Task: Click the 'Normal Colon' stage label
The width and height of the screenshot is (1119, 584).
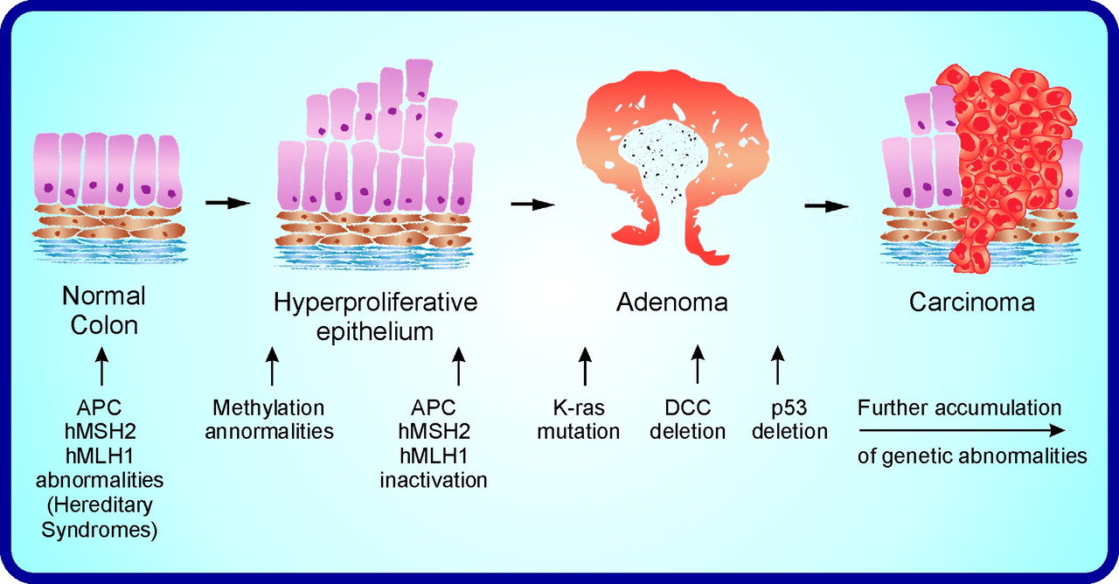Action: [104, 310]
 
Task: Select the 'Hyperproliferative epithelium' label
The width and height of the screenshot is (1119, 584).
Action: [375, 316]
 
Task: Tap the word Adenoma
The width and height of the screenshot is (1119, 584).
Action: [672, 302]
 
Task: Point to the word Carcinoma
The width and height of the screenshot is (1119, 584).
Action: [971, 302]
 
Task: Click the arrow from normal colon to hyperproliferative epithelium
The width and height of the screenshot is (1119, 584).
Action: [228, 202]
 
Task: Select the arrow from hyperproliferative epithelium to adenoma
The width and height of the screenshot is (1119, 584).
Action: [532, 204]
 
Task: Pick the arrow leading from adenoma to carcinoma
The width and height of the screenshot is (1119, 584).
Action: [827, 205]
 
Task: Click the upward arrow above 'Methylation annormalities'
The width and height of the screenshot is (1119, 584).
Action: [272, 366]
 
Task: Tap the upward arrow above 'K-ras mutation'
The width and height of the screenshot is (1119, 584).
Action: [585, 366]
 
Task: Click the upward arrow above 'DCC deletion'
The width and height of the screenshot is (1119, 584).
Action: [698, 365]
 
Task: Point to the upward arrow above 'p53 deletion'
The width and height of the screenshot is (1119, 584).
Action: [777, 365]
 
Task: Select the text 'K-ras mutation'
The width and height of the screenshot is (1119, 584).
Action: [579, 420]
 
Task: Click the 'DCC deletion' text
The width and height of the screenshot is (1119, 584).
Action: [688, 420]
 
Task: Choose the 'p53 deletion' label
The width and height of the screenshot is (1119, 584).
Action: [789, 420]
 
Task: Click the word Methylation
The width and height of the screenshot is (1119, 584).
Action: [268, 408]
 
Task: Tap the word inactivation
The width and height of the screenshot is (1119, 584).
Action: [434, 480]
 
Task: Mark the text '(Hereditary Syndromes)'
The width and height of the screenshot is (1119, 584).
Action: [100, 517]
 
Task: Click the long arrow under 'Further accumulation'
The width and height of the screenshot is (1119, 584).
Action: [962, 430]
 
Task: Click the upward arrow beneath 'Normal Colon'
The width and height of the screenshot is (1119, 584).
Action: [102, 366]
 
